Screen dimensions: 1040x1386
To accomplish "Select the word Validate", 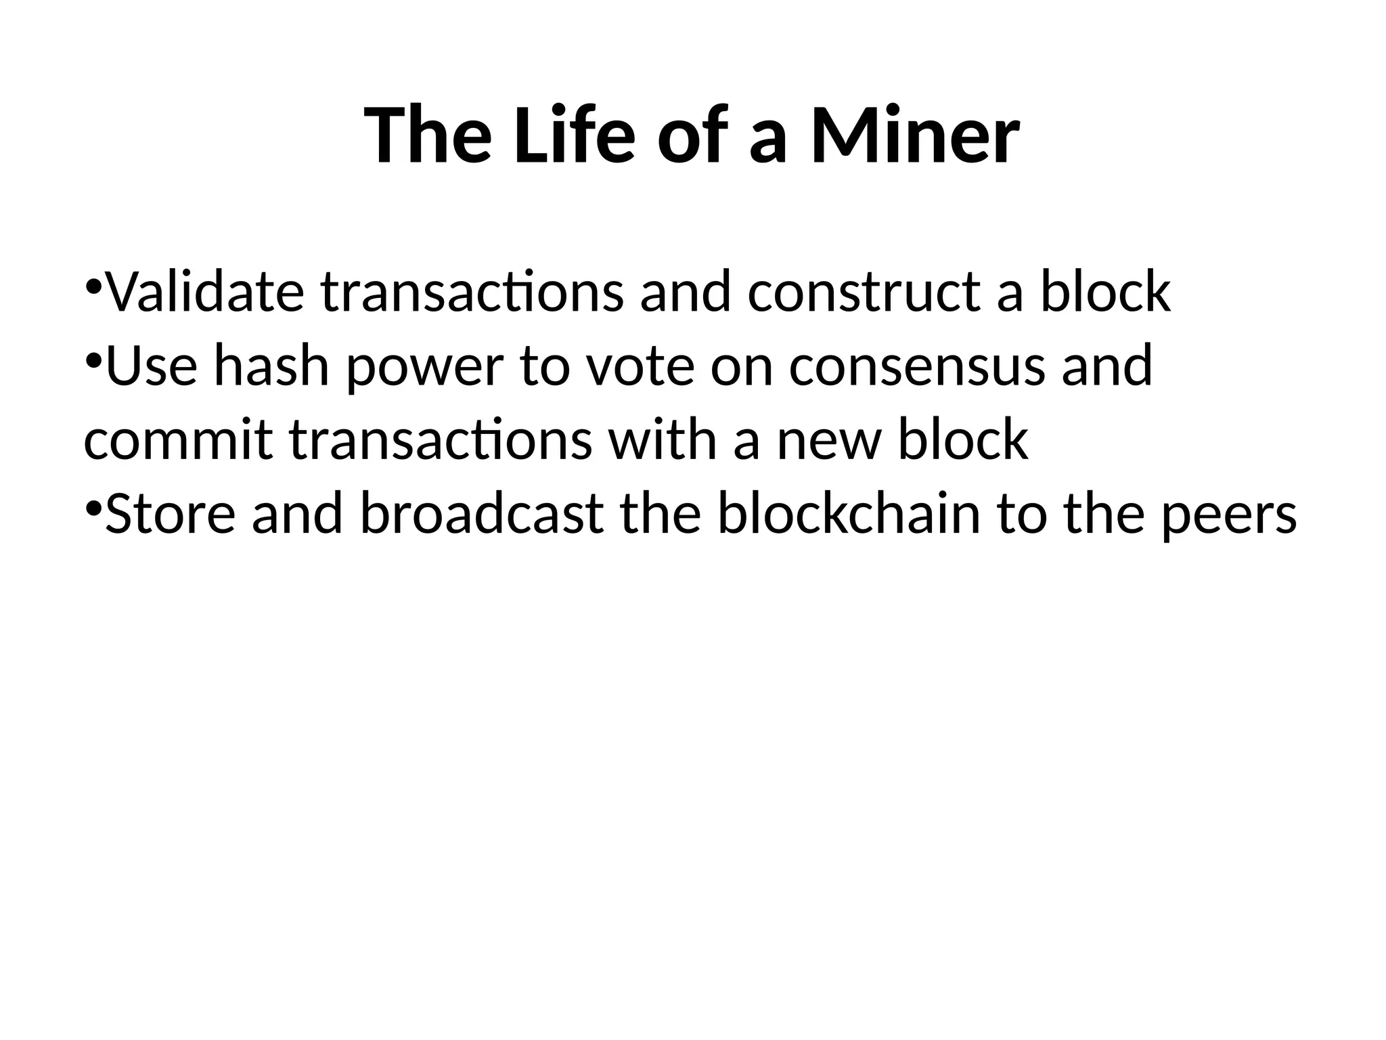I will pyautogui.click(x=205, y=292).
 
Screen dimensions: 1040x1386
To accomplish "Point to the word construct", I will pyautogui.click(x=864, y=292).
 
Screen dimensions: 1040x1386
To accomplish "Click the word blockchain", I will pyautogui.click(x=849, y=514).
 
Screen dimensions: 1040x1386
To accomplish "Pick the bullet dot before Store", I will pyautogui.click(x=93, y=506).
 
